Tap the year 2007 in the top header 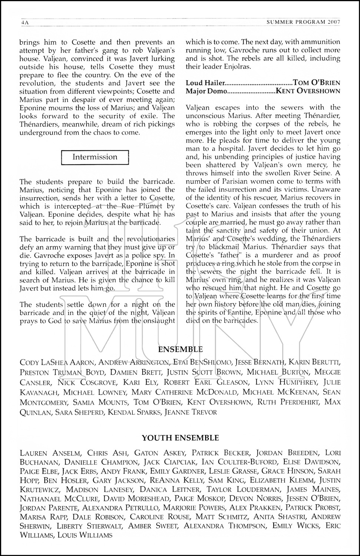tap(334, 22)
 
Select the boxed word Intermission tap(95, 157)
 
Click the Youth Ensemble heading tap(180, 438)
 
